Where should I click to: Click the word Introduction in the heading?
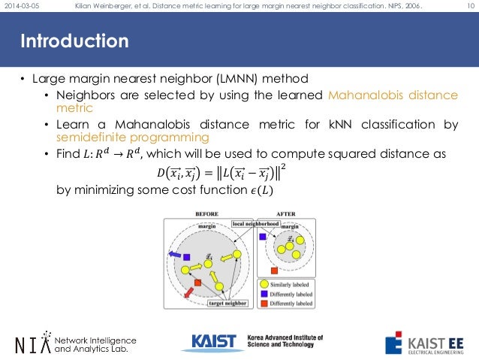(x=74, y=40)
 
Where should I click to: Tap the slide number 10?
(x=468, y=7)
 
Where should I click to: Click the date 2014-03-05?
(x=22, y=7)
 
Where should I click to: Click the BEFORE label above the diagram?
(x=206, y=214)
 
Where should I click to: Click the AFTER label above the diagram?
(x=285, y=214)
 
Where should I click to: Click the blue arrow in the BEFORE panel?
(x=174, y=253)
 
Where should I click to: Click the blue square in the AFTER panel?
(x=262, y=236)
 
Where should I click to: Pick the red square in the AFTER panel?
(x=275, y=269)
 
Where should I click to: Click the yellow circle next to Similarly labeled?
(x=263, y=284)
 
